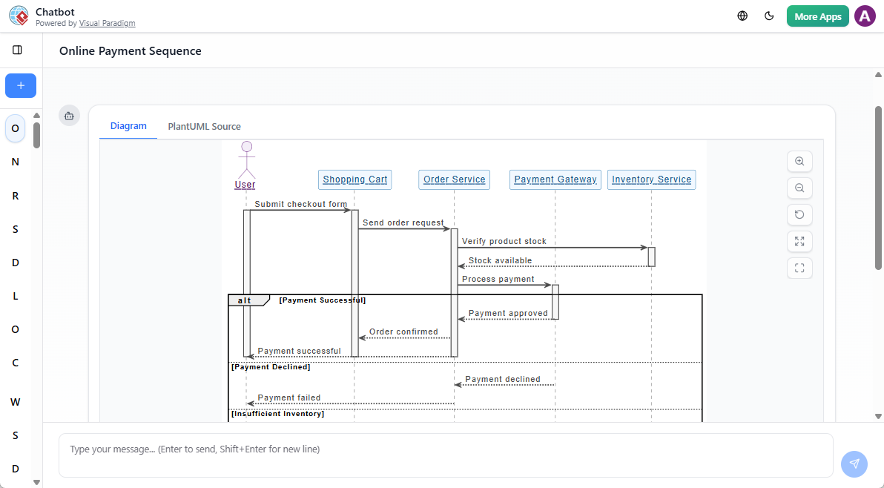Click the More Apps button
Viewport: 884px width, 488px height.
pyautogui.click(x=817, y=16)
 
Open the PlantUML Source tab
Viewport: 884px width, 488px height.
pyautogui.click(x=204, y=126)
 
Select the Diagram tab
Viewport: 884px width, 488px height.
pyautogui.click(x=128, y=126)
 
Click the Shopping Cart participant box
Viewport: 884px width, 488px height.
pyautogui.click(x=354, y=179)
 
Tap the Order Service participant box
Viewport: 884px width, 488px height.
pyautogui.click(x=454, y=179)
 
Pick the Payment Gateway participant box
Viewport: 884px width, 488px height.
pyautogui.click(x=555, y=179)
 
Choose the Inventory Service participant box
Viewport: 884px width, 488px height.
pyautogui.click(x=651, y=179)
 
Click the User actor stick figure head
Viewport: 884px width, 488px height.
pyautogui.click(x=246, y=147)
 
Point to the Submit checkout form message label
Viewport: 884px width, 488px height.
pyautogui.click(x=300, y=204)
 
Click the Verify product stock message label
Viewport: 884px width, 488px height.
pyautogui.click(x=504, y=241)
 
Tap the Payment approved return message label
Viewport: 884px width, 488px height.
pyautogui.click(x=508, y=313)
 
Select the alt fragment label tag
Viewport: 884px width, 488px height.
pyautogui.click(x=245, y=300)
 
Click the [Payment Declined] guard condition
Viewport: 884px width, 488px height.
pyautogui.click(x=271, y=366)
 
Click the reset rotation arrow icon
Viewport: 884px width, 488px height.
pyautogui.click(x=799, y=214)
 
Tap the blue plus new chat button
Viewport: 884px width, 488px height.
pyautogui.click(x=21, y=86)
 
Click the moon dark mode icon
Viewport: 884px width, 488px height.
pyautogui.click(x=769, y=16)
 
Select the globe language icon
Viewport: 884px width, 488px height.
pyautogui.click(x=742, y=16)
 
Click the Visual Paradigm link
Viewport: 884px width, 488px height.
pyautogui.click(x=107, y=24)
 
